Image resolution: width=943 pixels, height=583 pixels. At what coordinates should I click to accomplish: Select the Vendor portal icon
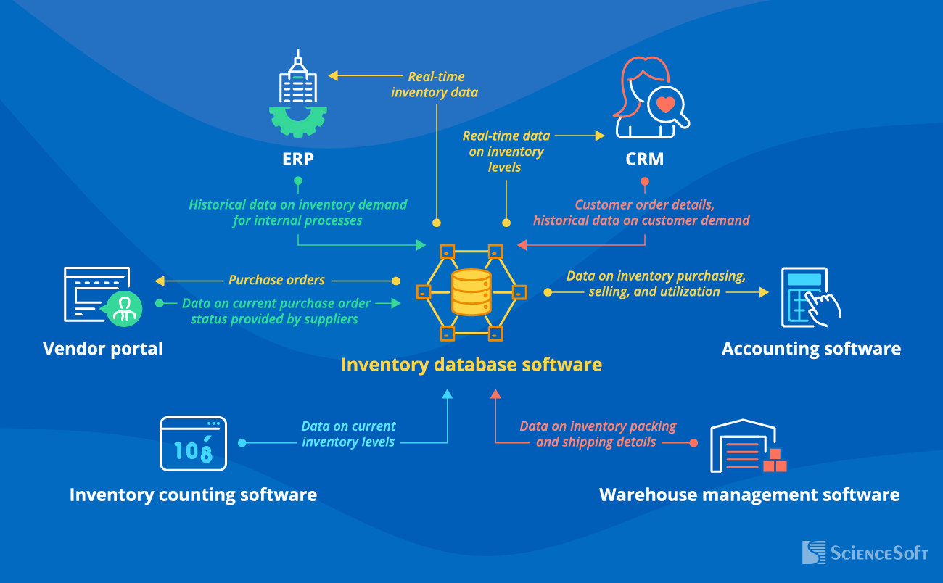(x=102, y=295)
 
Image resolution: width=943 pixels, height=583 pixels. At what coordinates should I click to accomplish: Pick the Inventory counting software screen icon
(x=193, y=444)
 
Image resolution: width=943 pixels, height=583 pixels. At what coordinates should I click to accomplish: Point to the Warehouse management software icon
(x=748, y=445)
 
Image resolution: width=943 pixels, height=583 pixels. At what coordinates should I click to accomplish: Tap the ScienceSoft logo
(x=865, y=553)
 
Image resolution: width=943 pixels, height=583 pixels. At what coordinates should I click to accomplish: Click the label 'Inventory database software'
(x=471, y=364)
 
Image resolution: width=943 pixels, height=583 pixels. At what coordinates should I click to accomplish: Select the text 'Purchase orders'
(x=276, y=280)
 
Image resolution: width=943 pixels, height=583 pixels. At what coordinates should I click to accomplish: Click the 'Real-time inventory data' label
(x=435, y=84)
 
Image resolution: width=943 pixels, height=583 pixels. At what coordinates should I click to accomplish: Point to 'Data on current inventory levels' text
(x=348, y=434)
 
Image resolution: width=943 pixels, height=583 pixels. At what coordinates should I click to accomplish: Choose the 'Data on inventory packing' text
(x=598, y=426)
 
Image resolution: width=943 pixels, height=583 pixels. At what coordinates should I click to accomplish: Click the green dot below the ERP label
(x=297, y=181)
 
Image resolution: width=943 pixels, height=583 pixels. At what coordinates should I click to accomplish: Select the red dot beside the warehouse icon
(x=693, y=442)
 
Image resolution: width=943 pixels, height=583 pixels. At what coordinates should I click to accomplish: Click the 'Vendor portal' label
(x=103, y=349)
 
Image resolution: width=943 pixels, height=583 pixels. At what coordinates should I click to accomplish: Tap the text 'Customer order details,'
(x=644, y=205)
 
